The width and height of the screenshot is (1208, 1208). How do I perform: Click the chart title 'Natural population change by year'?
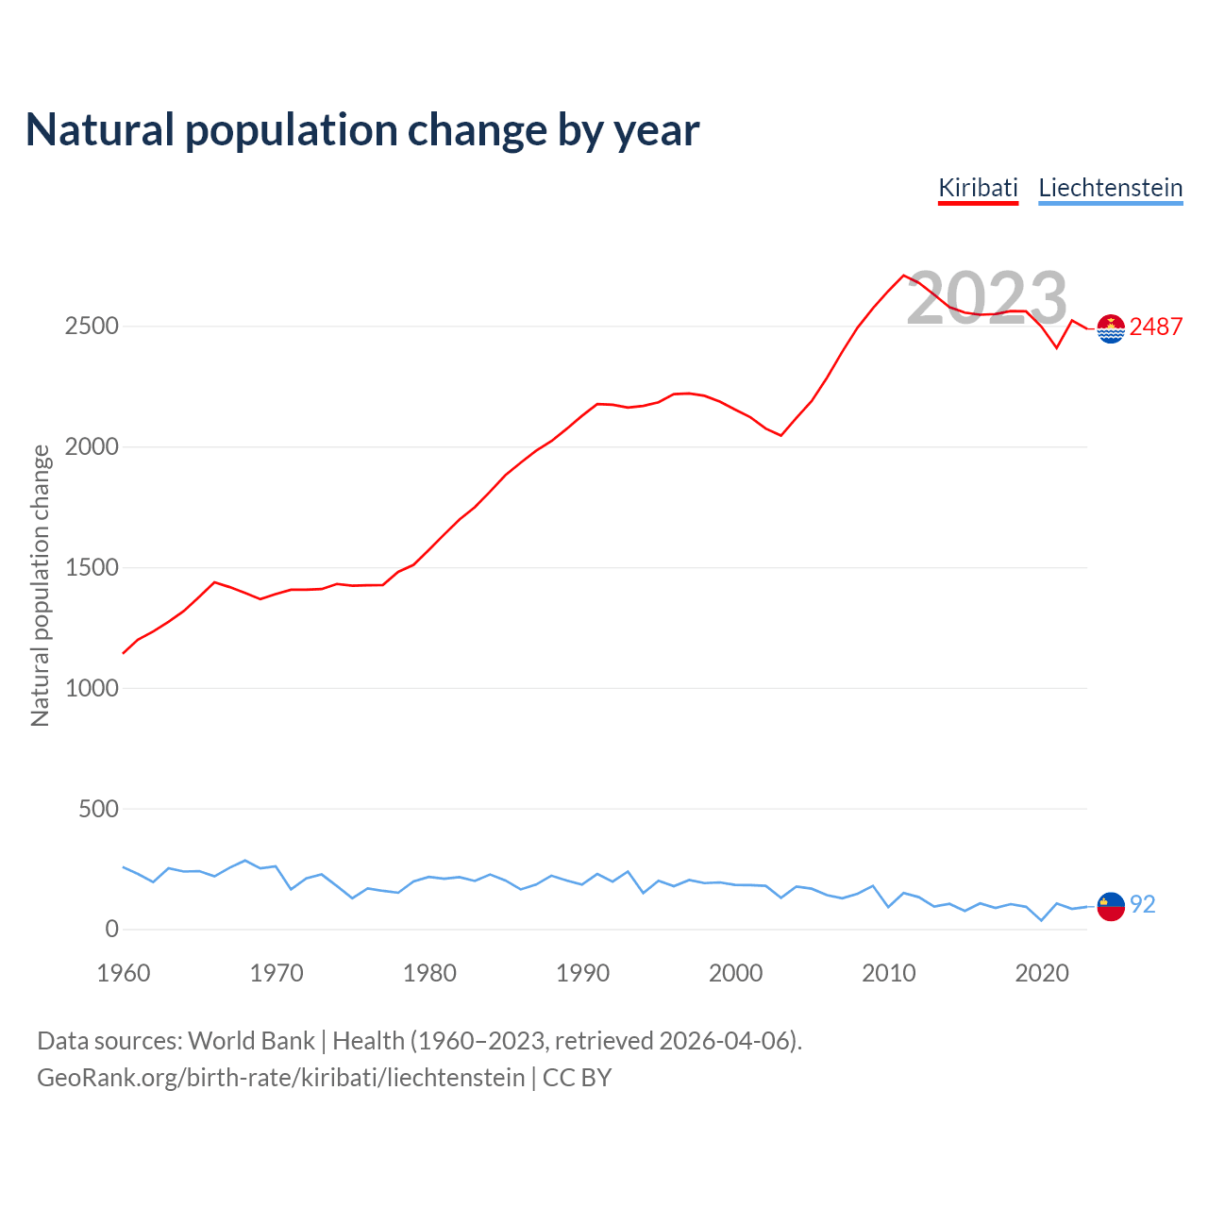click(362, 130)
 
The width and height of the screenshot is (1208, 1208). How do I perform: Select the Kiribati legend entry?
click(978, 188)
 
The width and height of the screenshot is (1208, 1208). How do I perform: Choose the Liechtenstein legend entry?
click(1110, 188)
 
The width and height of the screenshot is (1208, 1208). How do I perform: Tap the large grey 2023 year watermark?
click(986, 298)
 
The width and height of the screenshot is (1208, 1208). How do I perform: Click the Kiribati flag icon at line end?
click(1111, 328)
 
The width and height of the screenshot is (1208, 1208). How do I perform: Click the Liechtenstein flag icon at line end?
click(1111, 906)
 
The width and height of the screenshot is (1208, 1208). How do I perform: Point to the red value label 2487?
click(1155, 327)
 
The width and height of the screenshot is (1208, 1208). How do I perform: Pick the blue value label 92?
click(1142, 904)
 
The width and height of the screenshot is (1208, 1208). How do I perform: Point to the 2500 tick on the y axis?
click(92, 327)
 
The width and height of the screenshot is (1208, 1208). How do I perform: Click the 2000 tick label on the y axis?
click(92, 446)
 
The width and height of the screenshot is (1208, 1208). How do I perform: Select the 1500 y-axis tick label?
click(92, 567)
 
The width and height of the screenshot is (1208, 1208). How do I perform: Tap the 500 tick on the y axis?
click(98, 809)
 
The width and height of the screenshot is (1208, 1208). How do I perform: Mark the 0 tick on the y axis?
click(112, 930)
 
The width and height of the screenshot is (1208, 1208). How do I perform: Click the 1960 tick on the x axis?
click(124, 973)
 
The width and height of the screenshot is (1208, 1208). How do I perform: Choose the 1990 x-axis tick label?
click(582, 973)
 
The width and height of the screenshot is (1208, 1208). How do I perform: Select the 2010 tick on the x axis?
click(888, 973)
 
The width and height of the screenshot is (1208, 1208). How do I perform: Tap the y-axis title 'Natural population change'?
click(41, 585)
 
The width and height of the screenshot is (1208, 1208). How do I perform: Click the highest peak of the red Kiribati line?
click(903, 276)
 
